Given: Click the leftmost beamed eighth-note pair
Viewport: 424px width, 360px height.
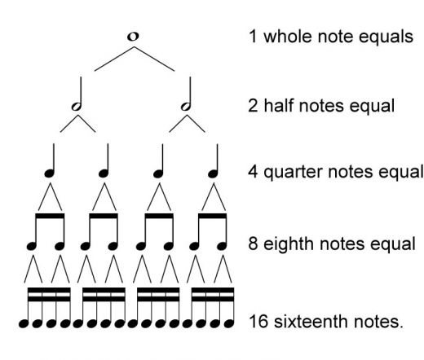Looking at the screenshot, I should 45,232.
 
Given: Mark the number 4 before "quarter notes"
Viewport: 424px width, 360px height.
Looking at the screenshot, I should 253,173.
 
